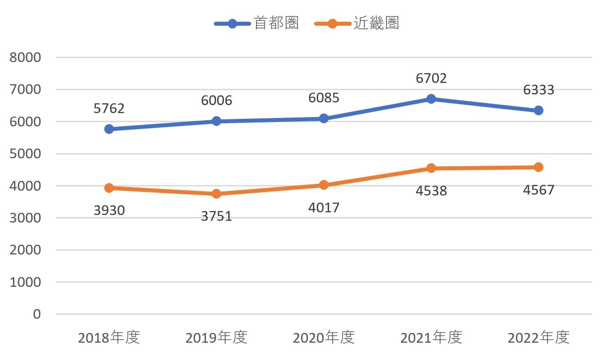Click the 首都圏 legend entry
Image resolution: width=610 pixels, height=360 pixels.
pyautogui.click(x=256, y=23)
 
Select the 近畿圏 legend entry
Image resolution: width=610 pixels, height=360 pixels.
pyautogui.click(x=357, y=23)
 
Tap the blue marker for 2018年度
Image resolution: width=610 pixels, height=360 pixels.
pyautogui.click(x=109, y=129)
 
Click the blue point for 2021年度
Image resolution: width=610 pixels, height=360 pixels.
pyautogui.click(x=431, y=99)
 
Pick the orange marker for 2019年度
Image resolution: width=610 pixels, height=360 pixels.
pyautogui.click(x=216, y=194)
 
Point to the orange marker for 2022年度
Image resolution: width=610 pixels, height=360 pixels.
pyautogui.click(x=539, y=167)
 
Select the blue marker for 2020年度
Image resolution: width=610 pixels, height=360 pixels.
pyautogui.click(x=323, y=118)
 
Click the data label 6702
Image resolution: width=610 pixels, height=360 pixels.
pyautogui.click(x=431, y=78)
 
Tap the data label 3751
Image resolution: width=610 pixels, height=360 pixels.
pyautogui.click(x=216, y=216)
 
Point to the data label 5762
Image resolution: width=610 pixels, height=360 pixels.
pyautogui.click(x=109, y=109)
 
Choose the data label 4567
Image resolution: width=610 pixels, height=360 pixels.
pyautogui.click(x=539, y=190)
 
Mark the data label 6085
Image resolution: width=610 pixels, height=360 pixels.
pyautogui.click(x=323, y=98)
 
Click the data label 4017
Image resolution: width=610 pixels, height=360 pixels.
pyautogui.click(x=323, y=208)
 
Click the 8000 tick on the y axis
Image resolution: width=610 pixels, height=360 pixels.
pyautogui.click(x=25, y=58)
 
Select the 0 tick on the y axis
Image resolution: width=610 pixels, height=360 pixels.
pyautogui.click(x=37, y=314)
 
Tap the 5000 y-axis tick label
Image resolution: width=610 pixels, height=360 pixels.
pyautogui.click(x=25, y=154)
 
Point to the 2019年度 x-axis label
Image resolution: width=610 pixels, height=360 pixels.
pyautogui.click(x=216, y=337)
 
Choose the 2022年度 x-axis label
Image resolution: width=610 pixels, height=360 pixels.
pyautogui.click(x=539, y=337)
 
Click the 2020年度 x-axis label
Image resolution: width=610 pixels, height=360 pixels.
pyautogui.click(x=323, y=337)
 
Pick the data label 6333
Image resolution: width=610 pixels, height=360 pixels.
pyautogui.click(x=539, y=90)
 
